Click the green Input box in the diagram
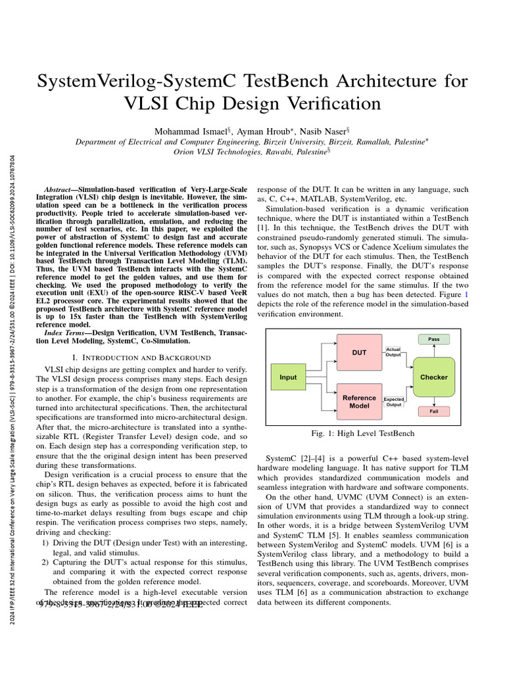[x=288, y=377]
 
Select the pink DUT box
[x=359, y=353]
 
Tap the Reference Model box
[x=359, y=402]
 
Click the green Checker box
[x=433, y=377]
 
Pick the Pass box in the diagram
[x=433, y=339]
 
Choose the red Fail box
[x=433, y=411]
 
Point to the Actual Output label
[x=393, y=352]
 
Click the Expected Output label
[x=394, y=402]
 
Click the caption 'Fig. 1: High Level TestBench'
[x=362, y=434]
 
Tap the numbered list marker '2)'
[x=45, y=563]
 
